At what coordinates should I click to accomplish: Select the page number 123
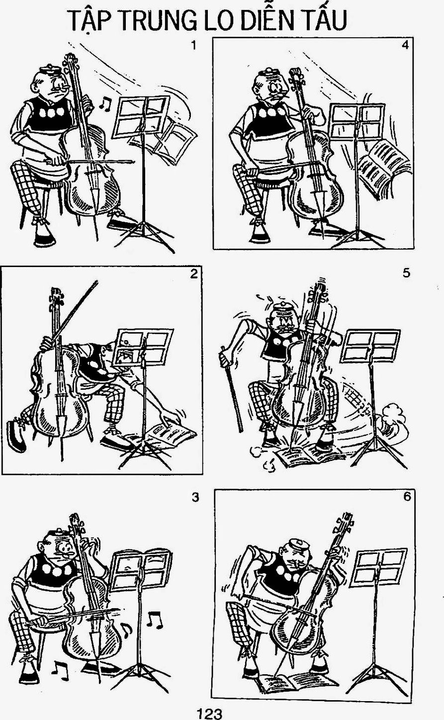(209, 713)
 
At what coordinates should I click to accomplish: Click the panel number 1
(193, 46)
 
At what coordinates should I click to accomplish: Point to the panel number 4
(405, 45)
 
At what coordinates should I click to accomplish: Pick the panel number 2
(193, 274)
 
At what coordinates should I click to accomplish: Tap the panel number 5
(406, 273)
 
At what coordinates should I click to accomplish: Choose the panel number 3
(195, 497)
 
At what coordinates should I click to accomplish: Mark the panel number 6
(407, 497)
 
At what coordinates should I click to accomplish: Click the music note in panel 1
(104, 103)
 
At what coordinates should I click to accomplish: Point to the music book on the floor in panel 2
(169, 434)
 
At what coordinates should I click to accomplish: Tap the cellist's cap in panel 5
(282, 308)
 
